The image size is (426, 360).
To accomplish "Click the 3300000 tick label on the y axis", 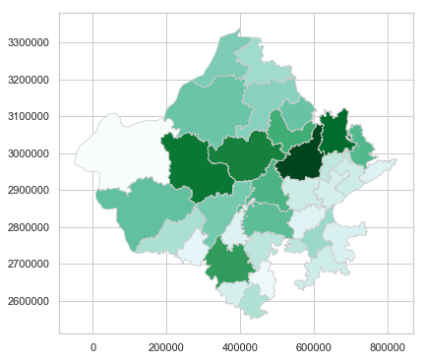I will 30,43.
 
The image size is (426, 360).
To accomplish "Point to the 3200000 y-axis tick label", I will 30,80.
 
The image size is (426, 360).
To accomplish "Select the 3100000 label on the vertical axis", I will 30,117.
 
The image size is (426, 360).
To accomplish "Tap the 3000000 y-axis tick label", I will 30,153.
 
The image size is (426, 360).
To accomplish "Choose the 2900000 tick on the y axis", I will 30,191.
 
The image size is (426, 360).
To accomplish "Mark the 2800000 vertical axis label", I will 30,227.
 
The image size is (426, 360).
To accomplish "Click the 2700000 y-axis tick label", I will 30,265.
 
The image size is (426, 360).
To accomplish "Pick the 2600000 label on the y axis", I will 30,301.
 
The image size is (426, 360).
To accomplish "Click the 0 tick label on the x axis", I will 93,346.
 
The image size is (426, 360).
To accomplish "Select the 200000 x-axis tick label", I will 167,346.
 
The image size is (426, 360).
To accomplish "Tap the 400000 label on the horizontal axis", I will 241,346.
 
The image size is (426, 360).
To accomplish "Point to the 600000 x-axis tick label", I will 315,346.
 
